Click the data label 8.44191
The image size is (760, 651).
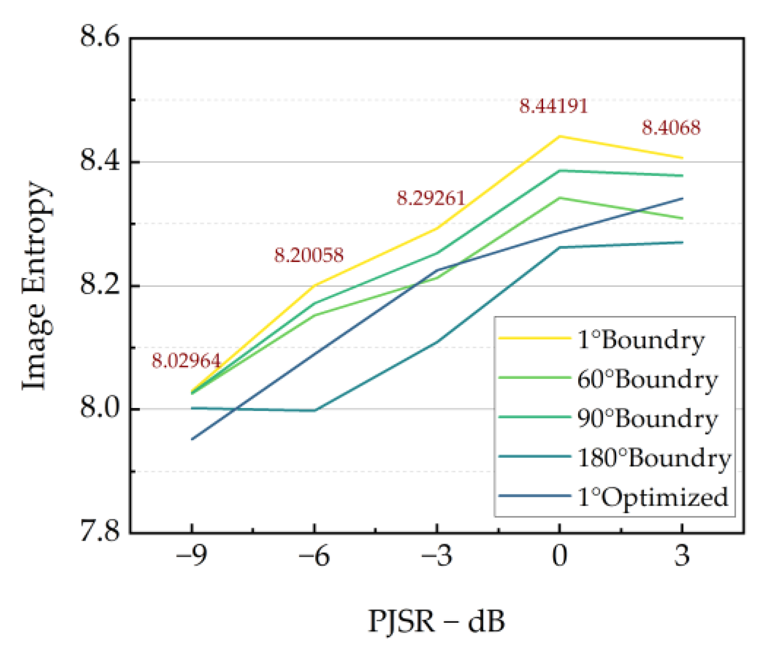click(553, 106)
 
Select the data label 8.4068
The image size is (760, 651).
click(671, 128)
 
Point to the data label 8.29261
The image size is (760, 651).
click(431, 198)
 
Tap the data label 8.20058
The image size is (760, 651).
click(309, 255)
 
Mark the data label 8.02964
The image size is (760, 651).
click(186, 361)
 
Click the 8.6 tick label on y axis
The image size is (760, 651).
click(100, 37)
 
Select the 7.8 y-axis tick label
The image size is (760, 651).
click(100, 531)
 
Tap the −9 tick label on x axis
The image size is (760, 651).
click(192, 555)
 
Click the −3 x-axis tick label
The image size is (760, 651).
click(437, 555)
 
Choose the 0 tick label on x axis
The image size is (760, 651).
click(560, 555)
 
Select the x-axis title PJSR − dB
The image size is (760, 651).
click(436, 621)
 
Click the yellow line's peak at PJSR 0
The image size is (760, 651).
click(560, 136)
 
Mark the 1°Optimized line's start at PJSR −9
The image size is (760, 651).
click(193, 439)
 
